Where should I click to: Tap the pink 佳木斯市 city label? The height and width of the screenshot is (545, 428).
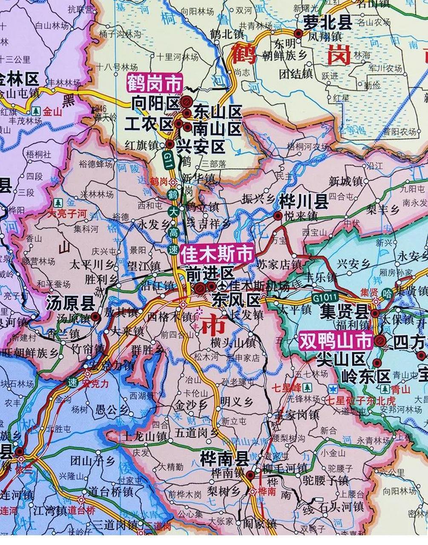coord(217,254)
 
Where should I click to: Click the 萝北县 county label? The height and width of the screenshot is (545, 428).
coord(327,22)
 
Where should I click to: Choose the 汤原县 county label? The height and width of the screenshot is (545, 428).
coord(70,304)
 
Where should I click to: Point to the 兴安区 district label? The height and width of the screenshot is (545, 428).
coord(207,147)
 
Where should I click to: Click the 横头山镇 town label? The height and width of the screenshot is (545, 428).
coord(233,342)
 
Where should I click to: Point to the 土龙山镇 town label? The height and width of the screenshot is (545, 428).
coord(144,436)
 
